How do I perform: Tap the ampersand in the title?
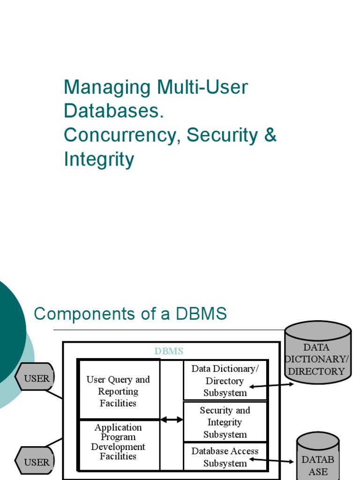click(x=270, y=135)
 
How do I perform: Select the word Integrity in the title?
click(x=99, y=159)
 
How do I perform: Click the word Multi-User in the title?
click(x=202, y=87)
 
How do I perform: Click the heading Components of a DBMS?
click(x=130, y=314)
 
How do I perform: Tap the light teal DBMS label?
click(x=169, y=351)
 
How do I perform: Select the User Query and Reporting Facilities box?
click(x=118, y=391)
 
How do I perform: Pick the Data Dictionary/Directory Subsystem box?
click(x=225, y=380)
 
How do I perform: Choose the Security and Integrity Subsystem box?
click(x=225, y=422)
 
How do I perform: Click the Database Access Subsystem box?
click(x=225, y=457)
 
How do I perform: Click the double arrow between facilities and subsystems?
click(x=172, y=420)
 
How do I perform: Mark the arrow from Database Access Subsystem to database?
click(x=272, y=461)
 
